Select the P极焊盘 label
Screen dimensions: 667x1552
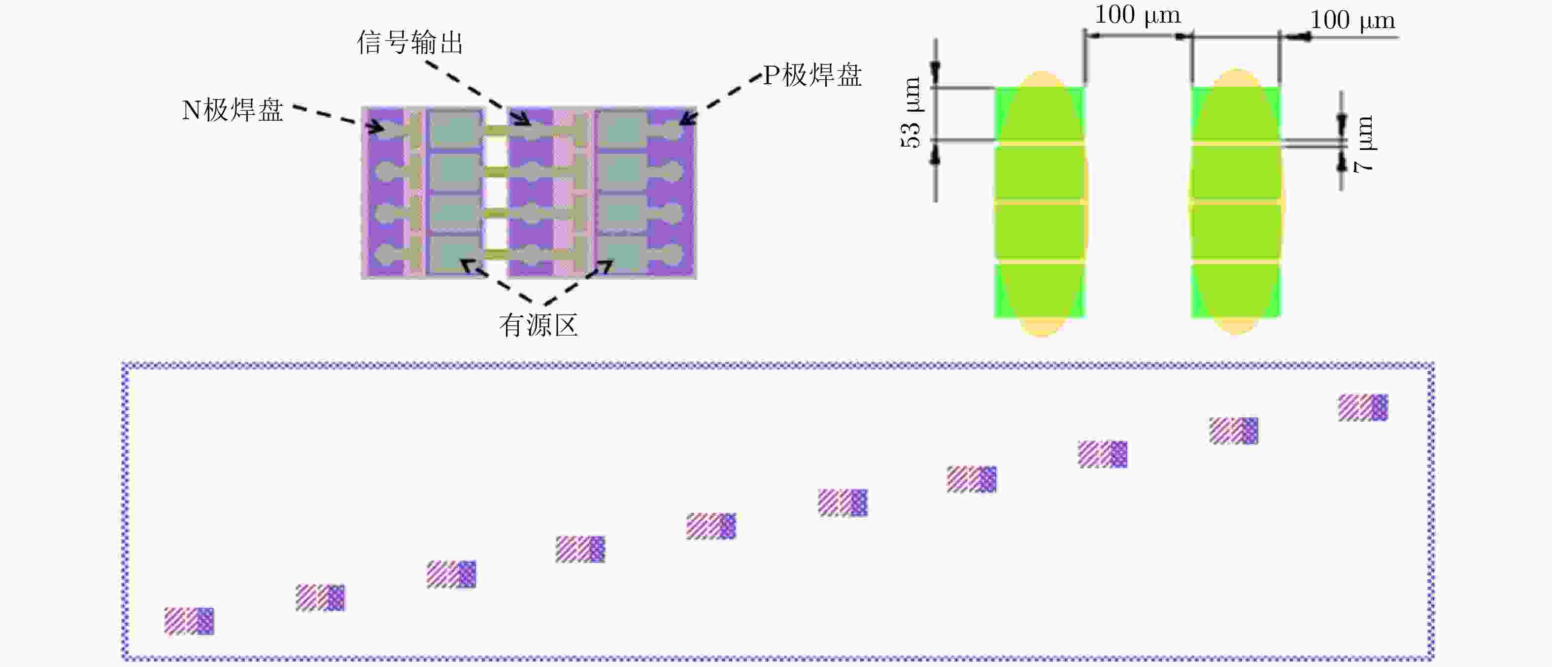(812, 76)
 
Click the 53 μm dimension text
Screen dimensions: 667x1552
(911, 113)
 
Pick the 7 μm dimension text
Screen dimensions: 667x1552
(1364, 145)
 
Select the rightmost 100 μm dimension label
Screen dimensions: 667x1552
(1352, 21)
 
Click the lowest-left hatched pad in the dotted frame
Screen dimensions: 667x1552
(189, 621)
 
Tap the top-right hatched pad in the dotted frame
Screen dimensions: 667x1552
(1363, 407)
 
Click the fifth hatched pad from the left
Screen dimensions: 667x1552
(711, 526)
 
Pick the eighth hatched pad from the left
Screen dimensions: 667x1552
(1103, 454)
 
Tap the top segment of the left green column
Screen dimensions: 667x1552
(1039, 114)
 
